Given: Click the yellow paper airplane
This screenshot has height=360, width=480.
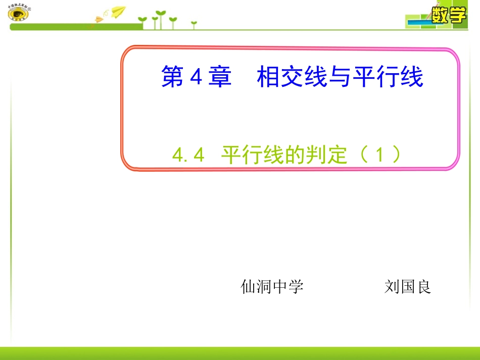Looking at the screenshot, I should tap(118, 11).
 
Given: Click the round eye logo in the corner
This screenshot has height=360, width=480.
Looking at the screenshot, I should tap(19, 13).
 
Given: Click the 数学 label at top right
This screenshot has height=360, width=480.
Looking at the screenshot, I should tap(448, 15).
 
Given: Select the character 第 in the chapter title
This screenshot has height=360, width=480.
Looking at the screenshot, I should tap(173, 78).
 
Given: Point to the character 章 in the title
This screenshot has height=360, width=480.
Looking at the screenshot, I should tap(220, 78).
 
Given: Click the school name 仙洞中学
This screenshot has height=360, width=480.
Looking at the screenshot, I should tap(272, 287).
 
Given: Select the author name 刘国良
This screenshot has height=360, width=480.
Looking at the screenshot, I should tap(407, 287).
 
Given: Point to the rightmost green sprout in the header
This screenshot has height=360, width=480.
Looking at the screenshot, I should tap(194, 24).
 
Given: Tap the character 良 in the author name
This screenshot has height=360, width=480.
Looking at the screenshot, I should tap(423, 287).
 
